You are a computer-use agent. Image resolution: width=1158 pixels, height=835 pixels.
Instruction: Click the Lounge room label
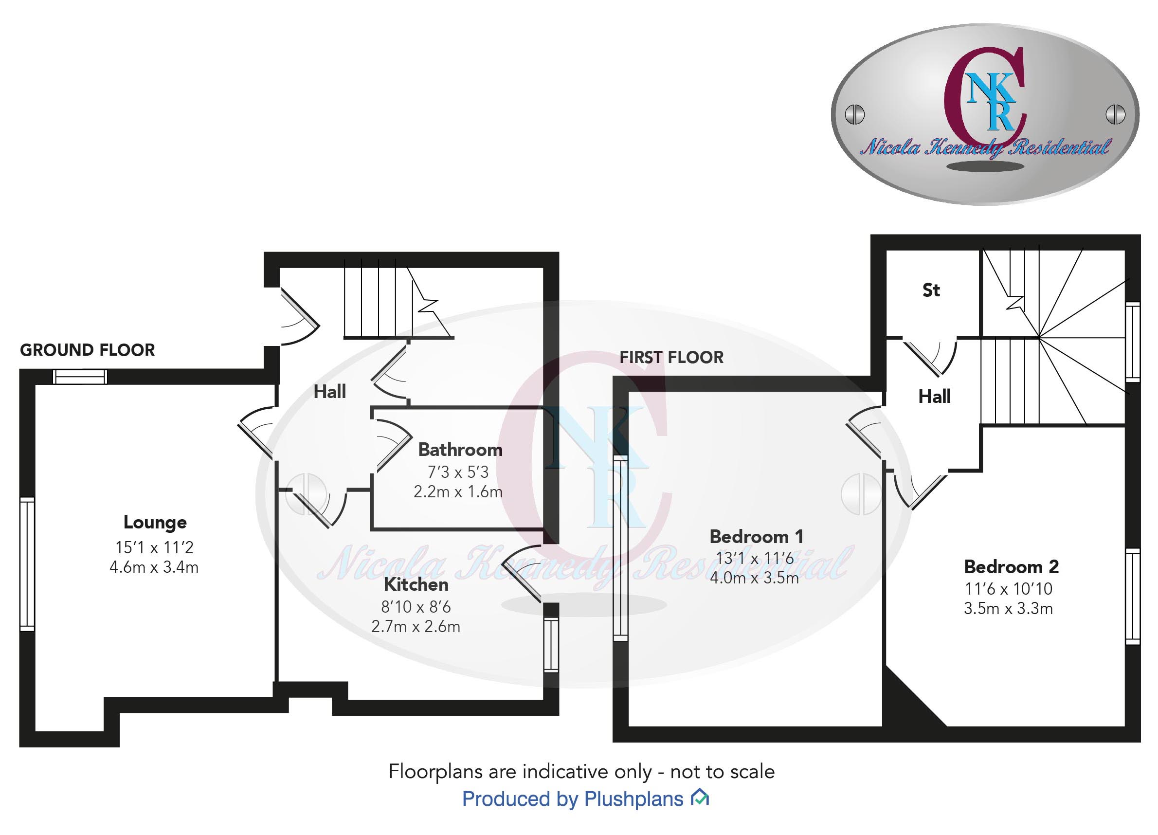coord(155,522)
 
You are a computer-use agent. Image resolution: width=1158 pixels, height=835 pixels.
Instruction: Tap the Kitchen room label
coord(416,584)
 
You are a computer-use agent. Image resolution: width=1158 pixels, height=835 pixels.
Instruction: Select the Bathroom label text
coord(460,450)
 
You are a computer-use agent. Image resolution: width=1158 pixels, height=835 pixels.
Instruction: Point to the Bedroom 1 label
coord(756,536)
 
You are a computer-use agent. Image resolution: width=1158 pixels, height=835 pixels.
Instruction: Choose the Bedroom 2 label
coord(1011,566)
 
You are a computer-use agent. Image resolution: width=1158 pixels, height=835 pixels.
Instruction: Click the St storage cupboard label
coord(931,290)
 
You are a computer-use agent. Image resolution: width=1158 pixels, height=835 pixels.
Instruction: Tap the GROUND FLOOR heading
coord(87,350)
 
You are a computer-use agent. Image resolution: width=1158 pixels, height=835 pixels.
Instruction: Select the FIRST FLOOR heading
coord(671,357)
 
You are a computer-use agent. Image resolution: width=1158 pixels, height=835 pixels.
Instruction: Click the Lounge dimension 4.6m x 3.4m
coord(154,567)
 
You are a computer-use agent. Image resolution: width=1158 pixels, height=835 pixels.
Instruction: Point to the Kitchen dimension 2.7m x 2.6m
coord(416,626)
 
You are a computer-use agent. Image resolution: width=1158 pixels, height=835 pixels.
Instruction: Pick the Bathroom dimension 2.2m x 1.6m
coord(458,491)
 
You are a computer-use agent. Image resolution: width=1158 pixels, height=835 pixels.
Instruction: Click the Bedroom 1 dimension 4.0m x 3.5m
coord(754,578)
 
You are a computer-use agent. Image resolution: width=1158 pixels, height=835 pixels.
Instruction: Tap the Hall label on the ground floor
coord(329,392)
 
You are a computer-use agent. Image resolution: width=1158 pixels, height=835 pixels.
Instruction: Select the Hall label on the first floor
coord(934,396)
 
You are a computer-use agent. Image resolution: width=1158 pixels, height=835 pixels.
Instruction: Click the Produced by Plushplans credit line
coord(572,799)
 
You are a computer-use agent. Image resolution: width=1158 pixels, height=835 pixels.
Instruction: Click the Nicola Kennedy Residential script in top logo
coord(985,147)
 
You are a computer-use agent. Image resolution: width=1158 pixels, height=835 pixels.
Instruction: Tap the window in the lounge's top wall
coord(80,377)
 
